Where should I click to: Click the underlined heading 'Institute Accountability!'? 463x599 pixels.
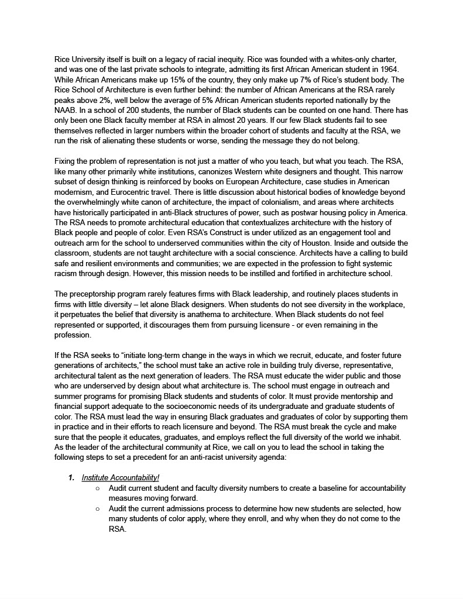click(x=121, y=478)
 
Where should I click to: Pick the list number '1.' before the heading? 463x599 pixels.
click(x=71, y=478)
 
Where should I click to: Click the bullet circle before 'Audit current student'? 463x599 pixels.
click(x=97, y=488)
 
